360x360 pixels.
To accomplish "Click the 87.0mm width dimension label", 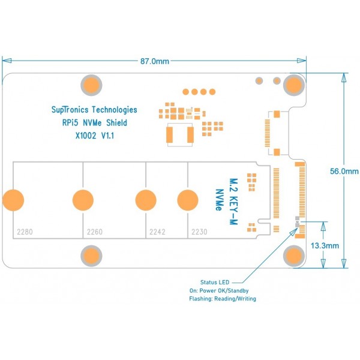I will coord(154,61).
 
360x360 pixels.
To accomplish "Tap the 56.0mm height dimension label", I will coord(344,171).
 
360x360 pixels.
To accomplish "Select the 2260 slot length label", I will coord(95,232).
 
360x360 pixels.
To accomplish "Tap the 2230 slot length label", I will coord(199,232).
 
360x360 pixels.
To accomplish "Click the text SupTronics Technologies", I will coord(94,110).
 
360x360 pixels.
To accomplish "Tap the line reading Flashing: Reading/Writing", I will coord(223,299).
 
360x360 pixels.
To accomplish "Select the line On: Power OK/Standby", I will coord(223,290).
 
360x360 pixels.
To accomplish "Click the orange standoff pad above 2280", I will coord(13,199).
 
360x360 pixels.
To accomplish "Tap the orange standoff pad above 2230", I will coord(188,199).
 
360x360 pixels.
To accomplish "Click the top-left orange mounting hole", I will coord(91,85).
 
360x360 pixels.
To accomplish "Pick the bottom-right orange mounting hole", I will coord(293,256).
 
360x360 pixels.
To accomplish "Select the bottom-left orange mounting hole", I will coord(91,256).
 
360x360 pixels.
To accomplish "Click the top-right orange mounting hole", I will coord(293,85).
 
